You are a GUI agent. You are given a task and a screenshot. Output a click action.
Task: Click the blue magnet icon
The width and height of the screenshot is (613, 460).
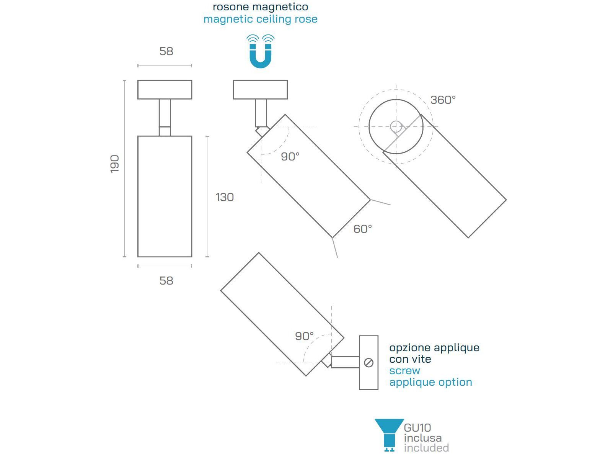260,52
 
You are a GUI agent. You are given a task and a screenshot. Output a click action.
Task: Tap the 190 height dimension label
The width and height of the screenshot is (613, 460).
114,164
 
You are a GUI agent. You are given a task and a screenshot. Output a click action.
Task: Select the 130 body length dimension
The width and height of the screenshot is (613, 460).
225,197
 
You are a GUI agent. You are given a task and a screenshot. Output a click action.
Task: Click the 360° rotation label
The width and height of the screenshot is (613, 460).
443,100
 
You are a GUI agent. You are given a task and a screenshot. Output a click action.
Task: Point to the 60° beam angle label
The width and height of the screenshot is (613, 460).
362,229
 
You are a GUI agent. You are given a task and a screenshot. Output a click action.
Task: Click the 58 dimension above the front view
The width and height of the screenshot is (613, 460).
166,51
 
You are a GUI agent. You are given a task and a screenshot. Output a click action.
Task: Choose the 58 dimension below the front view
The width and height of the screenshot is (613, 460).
166,281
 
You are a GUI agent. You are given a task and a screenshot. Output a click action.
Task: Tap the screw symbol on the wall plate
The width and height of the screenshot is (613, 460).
369,363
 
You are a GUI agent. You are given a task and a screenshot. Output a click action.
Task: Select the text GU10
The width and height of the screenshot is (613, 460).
417,427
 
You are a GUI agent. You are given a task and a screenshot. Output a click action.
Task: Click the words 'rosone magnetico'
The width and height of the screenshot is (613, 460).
260,7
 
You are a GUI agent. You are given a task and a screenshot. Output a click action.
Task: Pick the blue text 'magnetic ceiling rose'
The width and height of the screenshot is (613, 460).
260,19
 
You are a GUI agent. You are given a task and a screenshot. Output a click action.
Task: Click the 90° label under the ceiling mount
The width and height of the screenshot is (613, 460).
290,157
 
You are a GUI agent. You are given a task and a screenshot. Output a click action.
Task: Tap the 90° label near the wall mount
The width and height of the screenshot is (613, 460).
304,336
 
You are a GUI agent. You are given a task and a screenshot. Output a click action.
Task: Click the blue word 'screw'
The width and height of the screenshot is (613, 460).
404,371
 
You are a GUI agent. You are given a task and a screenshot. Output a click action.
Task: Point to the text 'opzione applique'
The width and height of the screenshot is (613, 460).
434,348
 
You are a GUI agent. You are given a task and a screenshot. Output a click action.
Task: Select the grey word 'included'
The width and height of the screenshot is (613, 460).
426,448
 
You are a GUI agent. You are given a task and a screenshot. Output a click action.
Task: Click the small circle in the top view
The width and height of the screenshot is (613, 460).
396,127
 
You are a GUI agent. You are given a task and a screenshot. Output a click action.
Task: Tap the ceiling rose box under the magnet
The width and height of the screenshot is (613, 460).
260,90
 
